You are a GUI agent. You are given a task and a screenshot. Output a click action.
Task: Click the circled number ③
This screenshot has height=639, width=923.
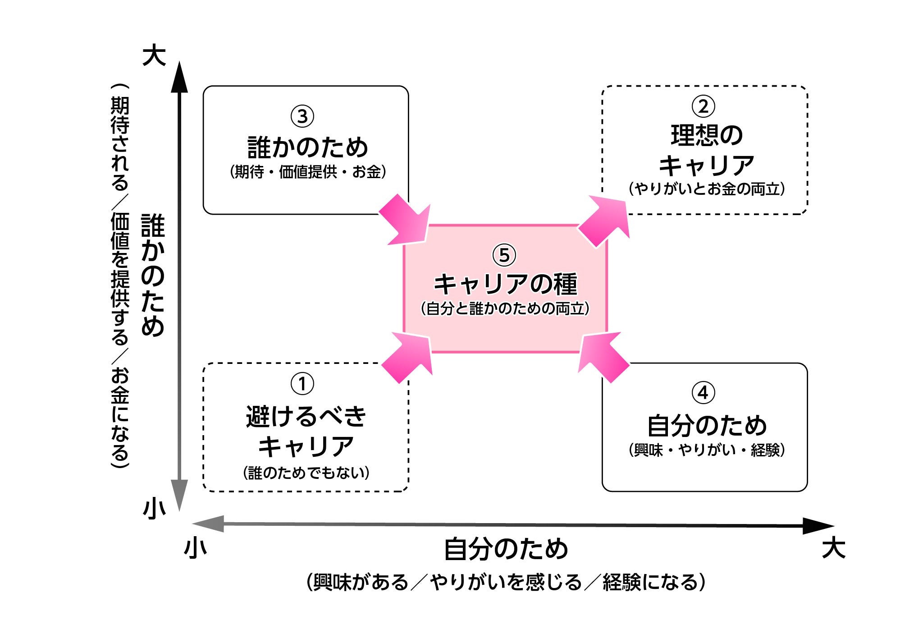(x=302, y=116)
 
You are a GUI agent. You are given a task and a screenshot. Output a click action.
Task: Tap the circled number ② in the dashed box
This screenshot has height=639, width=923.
(x=703, y=106)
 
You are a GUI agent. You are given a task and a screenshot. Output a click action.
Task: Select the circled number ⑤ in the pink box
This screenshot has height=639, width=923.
(x=504, y=255)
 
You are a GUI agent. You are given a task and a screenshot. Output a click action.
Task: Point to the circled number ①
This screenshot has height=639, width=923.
(x=302, y=384)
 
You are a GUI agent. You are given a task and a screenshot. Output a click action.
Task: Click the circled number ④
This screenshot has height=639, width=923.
(x=703, y=393)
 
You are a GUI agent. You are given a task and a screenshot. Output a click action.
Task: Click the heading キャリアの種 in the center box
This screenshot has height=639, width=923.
(x=505, y=284)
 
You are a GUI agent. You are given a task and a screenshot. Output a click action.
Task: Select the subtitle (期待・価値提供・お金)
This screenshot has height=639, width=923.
(x=308, y=172)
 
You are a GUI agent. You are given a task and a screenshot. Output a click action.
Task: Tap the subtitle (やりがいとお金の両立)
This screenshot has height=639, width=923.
(x=706, y=188)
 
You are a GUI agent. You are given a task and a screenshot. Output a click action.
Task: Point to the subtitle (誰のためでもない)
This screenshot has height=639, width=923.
(x=306, y=473)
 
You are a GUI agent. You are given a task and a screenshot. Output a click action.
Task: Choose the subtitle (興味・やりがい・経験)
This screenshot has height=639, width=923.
(x=706, y=450)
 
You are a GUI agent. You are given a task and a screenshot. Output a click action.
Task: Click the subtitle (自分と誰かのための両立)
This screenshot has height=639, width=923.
(x=505, y=309)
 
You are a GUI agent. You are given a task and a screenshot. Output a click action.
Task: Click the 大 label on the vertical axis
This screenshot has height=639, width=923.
(x=154, y=55)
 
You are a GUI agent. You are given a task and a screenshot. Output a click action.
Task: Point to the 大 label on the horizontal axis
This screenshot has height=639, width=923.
(x=833, y=548)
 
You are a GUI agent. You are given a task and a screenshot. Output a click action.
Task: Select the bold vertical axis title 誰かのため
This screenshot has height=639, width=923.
(x=153, y=275)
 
